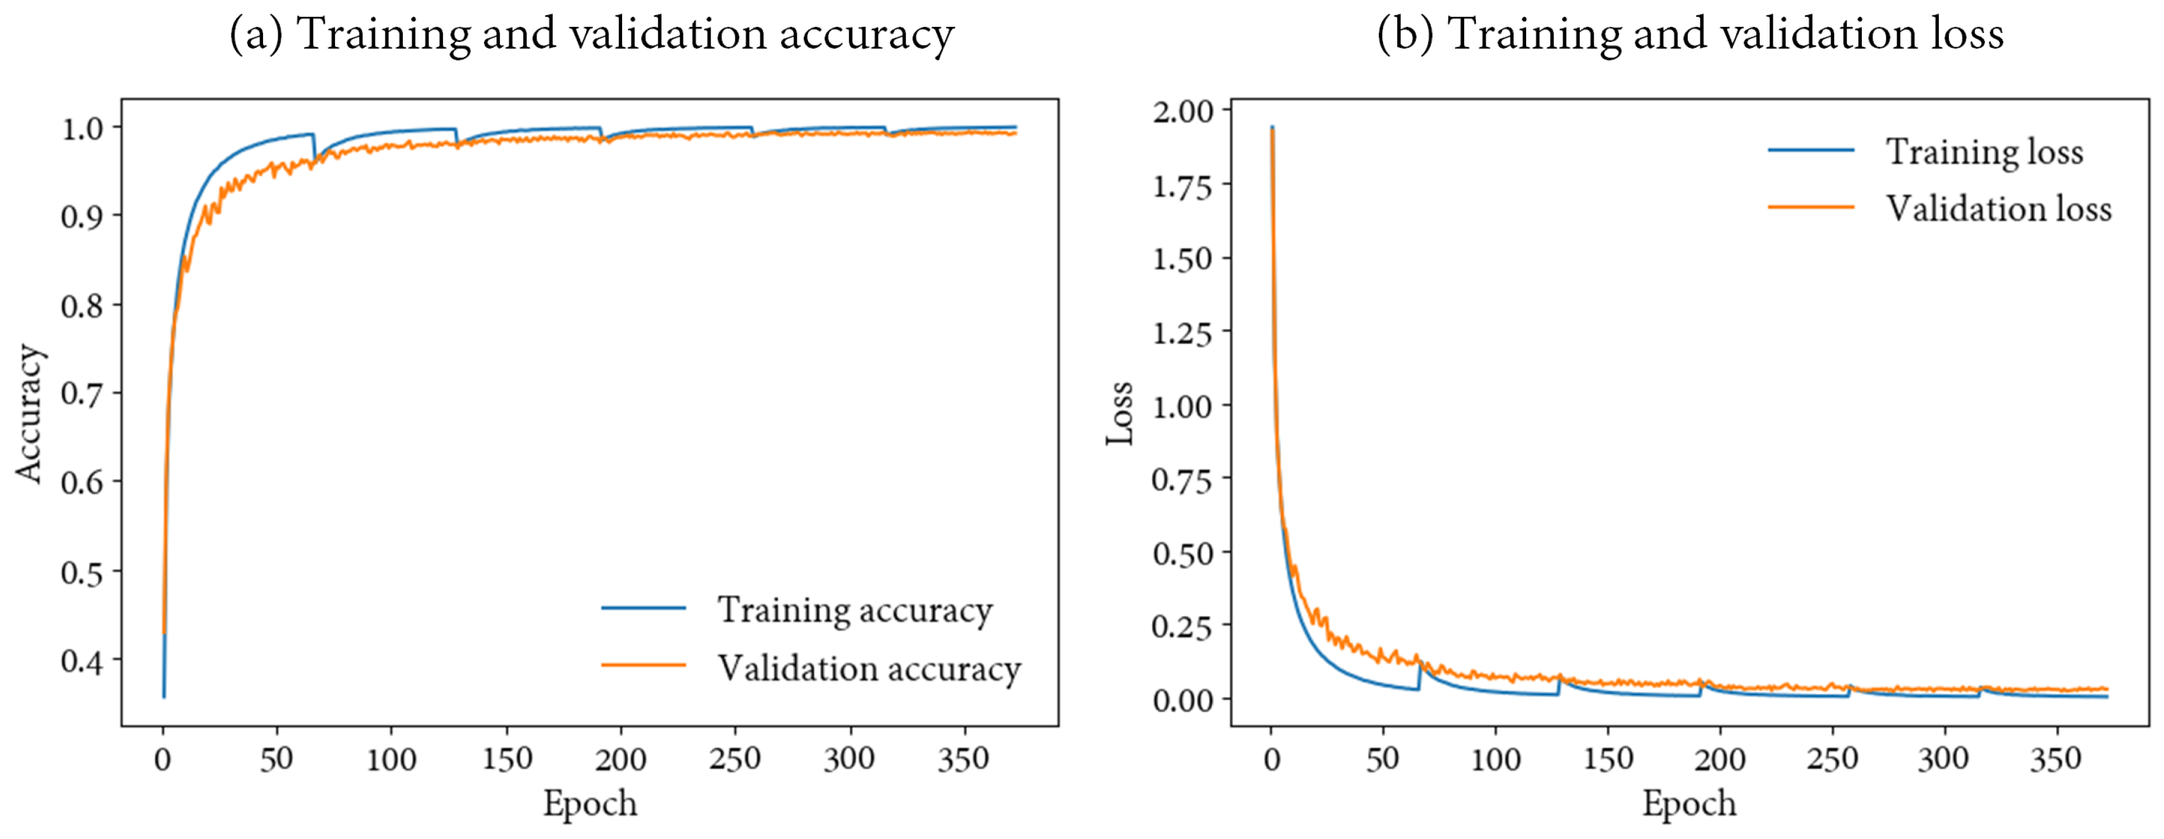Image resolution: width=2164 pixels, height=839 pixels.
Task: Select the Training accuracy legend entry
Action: point(854,609)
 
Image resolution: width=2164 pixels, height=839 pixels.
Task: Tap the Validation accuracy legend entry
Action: point(869,668)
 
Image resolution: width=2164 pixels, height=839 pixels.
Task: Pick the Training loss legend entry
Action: point(1984,152)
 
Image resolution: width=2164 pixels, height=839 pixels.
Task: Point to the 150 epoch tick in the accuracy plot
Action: point(506,759)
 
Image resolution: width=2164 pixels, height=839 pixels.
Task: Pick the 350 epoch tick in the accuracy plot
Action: point(963,759)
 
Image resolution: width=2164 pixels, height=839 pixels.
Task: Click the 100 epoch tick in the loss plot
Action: point(1495,759)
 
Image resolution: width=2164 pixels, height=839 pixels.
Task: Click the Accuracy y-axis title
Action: point(29,413)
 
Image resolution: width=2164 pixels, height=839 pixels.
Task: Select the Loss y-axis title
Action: point(1120,413)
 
